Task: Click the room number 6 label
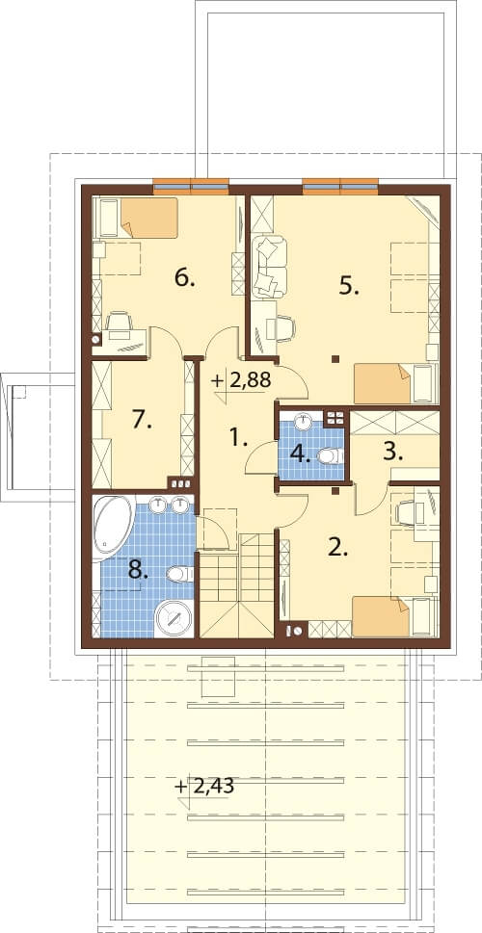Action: pos(185,278)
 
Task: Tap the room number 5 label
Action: pos(350,287)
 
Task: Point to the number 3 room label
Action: pos(392,453)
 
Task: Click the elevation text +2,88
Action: pos(241,381)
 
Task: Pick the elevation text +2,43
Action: pos(205,787)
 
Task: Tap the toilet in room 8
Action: pos(179,574)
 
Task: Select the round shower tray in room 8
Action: pos(174,618)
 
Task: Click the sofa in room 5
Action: pos(269,267)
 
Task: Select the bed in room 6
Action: pos(137,218)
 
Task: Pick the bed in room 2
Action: pos(395,617)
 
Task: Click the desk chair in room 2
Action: pos(407,511)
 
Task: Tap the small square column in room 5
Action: pos(335,359)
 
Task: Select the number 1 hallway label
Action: pos(238,440)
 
